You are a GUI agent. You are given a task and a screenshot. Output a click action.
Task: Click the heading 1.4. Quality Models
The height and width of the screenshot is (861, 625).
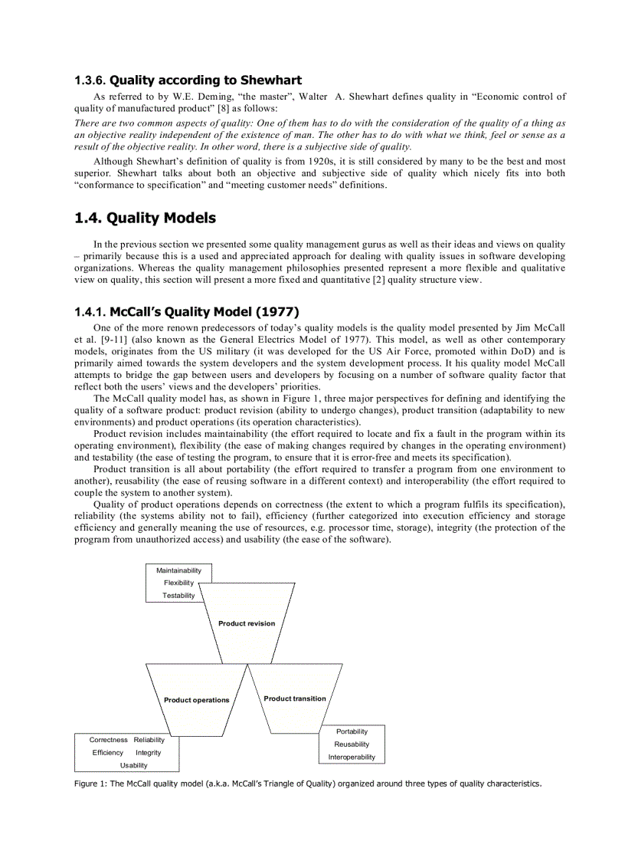(145, 219)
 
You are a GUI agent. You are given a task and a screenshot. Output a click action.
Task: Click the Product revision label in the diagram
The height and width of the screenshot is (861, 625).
(247, 623)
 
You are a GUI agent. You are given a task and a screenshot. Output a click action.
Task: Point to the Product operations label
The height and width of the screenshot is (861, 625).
(196, 700)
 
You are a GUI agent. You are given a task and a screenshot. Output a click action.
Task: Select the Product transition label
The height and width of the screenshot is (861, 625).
(295, 698)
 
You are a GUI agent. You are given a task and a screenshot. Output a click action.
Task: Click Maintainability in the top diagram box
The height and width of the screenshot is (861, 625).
(178, 570)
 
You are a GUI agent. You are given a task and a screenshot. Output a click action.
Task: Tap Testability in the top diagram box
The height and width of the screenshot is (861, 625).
(178, 596)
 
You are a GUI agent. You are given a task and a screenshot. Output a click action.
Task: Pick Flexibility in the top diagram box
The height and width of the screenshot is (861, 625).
(178, 583)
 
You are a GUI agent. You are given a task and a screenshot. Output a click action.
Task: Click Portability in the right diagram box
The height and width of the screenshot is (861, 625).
(352, 731)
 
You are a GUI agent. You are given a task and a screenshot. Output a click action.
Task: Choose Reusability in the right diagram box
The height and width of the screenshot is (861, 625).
(352, 744)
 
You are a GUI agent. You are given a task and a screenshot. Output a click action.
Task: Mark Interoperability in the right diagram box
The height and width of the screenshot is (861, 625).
(352, 757)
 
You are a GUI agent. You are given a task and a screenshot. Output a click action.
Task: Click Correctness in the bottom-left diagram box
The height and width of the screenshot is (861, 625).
(108, 740)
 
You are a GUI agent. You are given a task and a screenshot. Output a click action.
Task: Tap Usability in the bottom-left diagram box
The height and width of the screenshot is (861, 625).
(134, 765)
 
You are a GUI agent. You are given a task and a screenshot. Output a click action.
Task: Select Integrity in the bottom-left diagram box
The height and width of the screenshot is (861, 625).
(149, 753)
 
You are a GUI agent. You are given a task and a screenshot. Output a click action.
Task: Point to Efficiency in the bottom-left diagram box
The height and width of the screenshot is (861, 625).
(107, 753)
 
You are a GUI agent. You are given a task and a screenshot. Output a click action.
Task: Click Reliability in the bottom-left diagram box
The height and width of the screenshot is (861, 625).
(149, 740)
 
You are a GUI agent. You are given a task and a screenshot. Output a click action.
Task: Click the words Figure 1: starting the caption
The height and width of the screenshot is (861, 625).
(90, 784)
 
